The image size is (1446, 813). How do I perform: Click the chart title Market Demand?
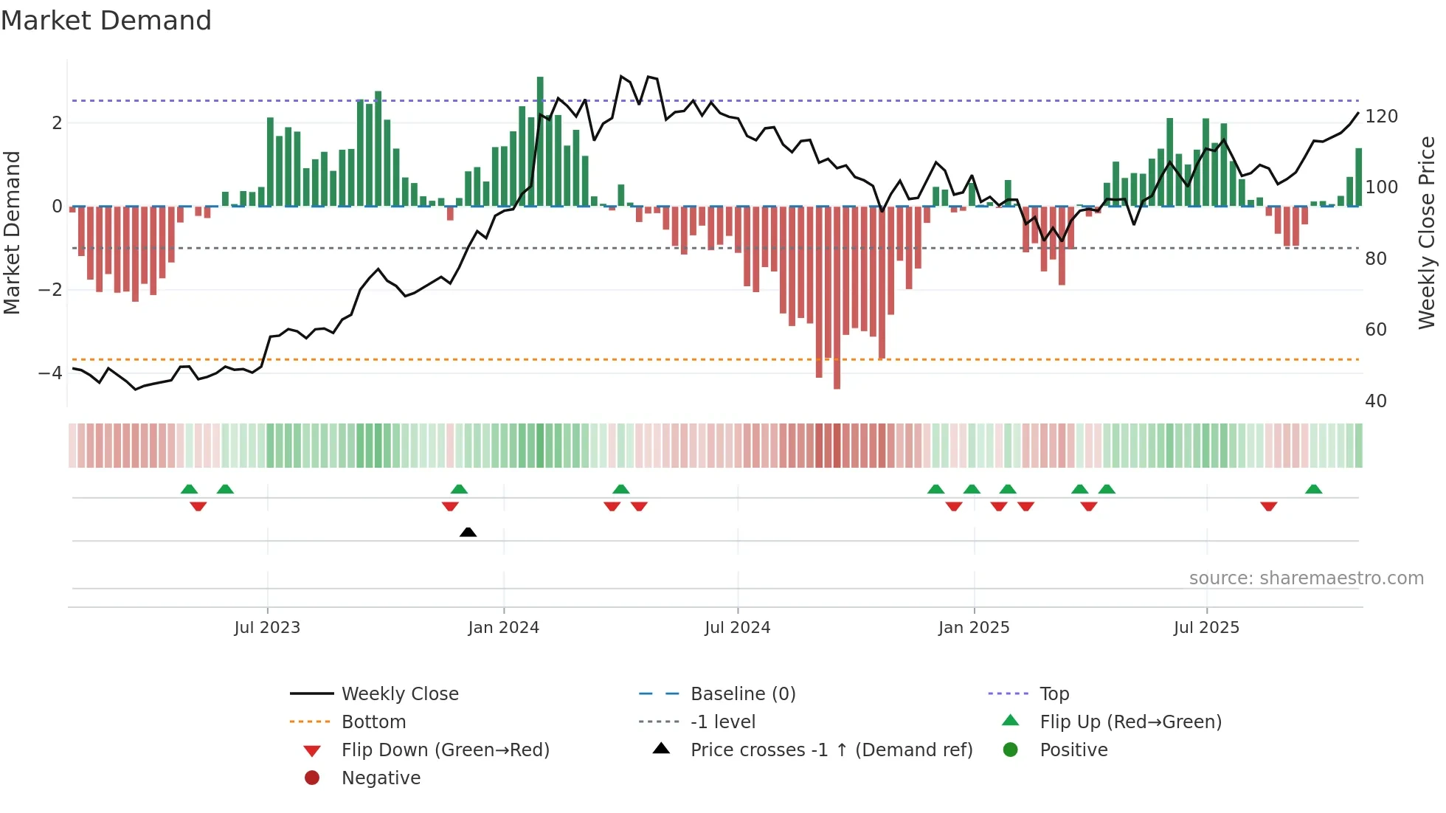(106, 21)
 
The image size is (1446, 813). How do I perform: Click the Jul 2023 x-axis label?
(267, 628)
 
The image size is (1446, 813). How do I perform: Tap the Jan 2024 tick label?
(504, 628)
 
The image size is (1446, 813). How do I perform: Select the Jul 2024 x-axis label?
(737, 628)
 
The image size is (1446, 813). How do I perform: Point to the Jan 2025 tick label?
(974, 628)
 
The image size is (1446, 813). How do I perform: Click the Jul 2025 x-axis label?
(1206, 628)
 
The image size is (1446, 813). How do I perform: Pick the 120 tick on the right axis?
(1381, 117)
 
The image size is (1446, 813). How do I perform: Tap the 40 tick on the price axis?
(1376, 401)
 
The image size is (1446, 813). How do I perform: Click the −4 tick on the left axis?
(50, 373)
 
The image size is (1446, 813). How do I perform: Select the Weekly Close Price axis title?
(1427, 232)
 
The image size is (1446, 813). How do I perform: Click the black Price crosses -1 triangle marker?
(468, 532)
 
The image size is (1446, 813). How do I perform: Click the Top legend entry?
(1054, 694)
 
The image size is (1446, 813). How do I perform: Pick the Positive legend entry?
(1073, 750)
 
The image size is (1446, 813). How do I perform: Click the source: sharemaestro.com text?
(1306, 578)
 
